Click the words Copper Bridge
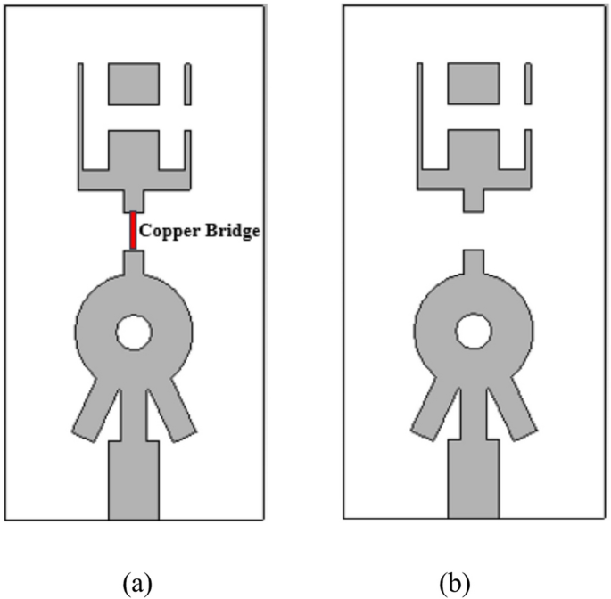tap(199, 231)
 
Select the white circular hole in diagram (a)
tap(134, 333)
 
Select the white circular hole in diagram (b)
tap(473, 332)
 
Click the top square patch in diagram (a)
tap(134, 84)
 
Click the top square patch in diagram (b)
tap(473, 84)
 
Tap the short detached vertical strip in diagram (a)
tap(187, 84)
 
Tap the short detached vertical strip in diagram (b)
tap(526, 84)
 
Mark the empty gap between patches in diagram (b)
tap(473, 231)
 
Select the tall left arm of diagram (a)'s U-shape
tap(80, 116)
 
